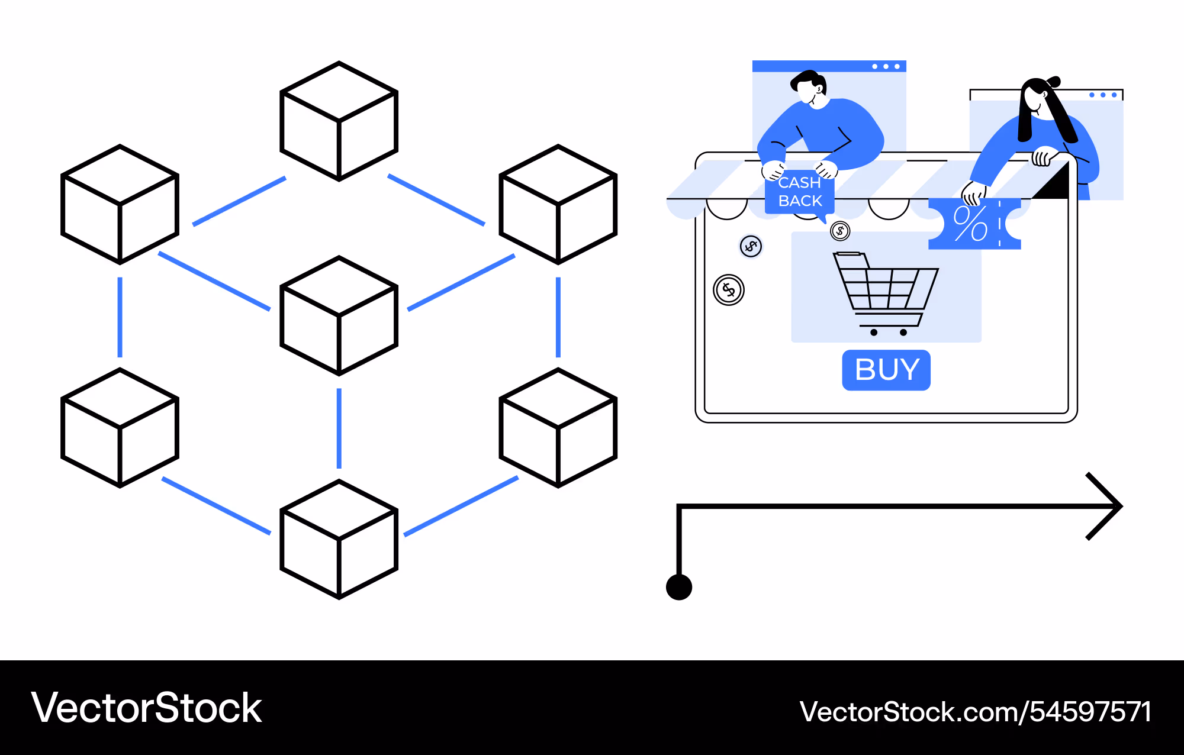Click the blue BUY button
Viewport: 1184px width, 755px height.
pyautogui.click(x=886, y=370)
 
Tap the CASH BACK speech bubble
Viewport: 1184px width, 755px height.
pyautogui.click(x=800, y=192)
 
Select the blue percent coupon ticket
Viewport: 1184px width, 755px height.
pyautogui.click(x=974, y=224)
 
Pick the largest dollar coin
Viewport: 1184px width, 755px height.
pyautogui.click(x=729, y=290)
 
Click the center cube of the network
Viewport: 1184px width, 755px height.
pyautogui.click(x=339, y=315)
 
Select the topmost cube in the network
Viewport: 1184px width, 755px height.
pyautogui.click(x=339, y=121)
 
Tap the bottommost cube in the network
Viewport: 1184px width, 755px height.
pyautogui.click(x=339, y=539)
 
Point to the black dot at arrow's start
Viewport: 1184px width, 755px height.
pyautogui.click(x=679, y=587)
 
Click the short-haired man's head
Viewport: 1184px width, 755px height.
pyautogui.click(x=809, y=88)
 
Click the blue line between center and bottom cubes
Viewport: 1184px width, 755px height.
pyautogui.click(x=339, y=428)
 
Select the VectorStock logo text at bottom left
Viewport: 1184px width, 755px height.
pyautogui.click(x=146, y=708)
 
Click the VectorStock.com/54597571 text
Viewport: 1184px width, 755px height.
pyautogui.click(x=975, y=711)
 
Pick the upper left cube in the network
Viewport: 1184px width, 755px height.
pyautogui.click(x=120, y=204)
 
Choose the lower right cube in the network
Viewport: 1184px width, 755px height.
pyautogui.click(x=558, y=427)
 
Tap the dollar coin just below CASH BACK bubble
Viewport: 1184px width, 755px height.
pyautogui.click(x=840, y=231)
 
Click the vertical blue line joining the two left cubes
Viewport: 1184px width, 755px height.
pyautogui.click(x=120, y=317)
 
